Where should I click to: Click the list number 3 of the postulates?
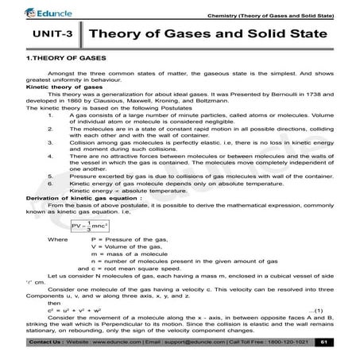(50, 143)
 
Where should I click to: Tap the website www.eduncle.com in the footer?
(114, 342)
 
